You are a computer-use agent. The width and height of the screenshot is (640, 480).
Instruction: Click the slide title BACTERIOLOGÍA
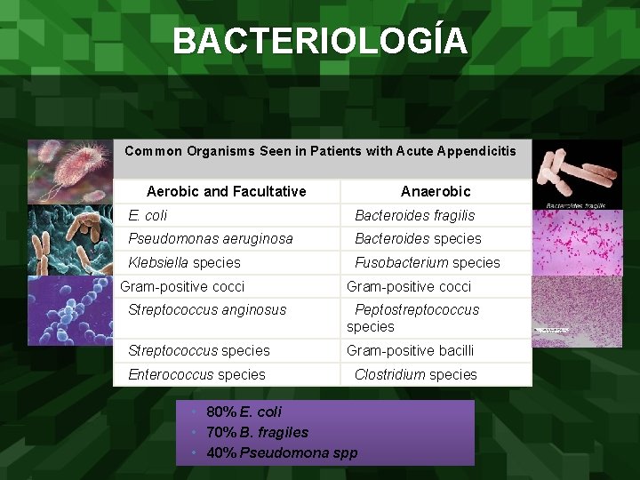pos(319,41)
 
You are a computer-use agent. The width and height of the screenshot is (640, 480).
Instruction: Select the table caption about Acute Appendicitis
pos(320,151)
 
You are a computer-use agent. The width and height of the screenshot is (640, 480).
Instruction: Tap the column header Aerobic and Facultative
pos(226,191)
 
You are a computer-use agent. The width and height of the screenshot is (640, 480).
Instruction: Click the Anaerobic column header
pos(436,191)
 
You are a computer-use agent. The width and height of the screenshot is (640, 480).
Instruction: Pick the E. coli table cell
pos(148,215)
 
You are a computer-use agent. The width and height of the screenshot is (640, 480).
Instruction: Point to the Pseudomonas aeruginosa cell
pos(211,238)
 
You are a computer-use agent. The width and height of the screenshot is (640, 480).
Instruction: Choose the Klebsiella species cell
pos(184,262)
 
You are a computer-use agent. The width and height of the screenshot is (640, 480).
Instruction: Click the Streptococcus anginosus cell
pos(207,309)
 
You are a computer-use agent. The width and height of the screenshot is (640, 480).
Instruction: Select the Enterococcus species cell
pos(196,374)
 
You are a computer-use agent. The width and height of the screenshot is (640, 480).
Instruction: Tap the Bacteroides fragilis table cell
pos(415,215)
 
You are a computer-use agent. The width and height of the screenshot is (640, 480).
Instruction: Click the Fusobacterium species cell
pos(428,262)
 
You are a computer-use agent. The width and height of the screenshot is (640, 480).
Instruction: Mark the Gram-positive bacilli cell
pos(410,350)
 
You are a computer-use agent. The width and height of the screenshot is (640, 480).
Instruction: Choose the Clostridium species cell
pos(416,374)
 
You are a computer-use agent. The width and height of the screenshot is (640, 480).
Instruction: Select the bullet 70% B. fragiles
pos(257,432)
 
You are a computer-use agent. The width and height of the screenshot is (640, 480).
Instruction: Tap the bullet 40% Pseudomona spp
pos(282,452)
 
